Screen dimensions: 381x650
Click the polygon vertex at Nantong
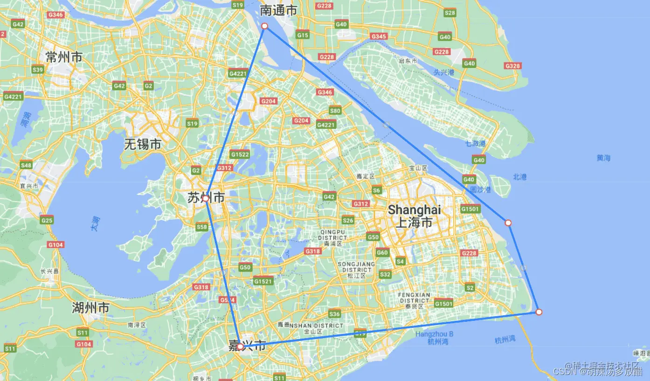tap(264, 26)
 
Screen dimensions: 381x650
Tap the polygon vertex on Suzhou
tap(205, 199)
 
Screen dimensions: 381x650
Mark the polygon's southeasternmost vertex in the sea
tap(539, 312)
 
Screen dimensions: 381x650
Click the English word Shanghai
tap(414, 210)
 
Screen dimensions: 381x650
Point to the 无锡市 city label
tap(142, 145)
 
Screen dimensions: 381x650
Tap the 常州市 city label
tap(64, 57)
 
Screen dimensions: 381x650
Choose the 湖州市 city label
tap(90, 308)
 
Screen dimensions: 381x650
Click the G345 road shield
tap(379, 36)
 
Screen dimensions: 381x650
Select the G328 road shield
tap(512, 66)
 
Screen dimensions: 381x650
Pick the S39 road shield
tap(38, 70)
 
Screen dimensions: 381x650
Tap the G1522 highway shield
tap(240, 154)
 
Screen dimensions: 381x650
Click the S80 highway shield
tap(335, 111)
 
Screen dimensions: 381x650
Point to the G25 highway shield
tap(47, 220)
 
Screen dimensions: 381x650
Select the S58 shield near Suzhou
tap(201, 227)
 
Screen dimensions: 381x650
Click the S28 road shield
tap(450, 13)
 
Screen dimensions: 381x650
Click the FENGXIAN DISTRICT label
tap(414, 298)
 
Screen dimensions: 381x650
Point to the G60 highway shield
tap(382, 253)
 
